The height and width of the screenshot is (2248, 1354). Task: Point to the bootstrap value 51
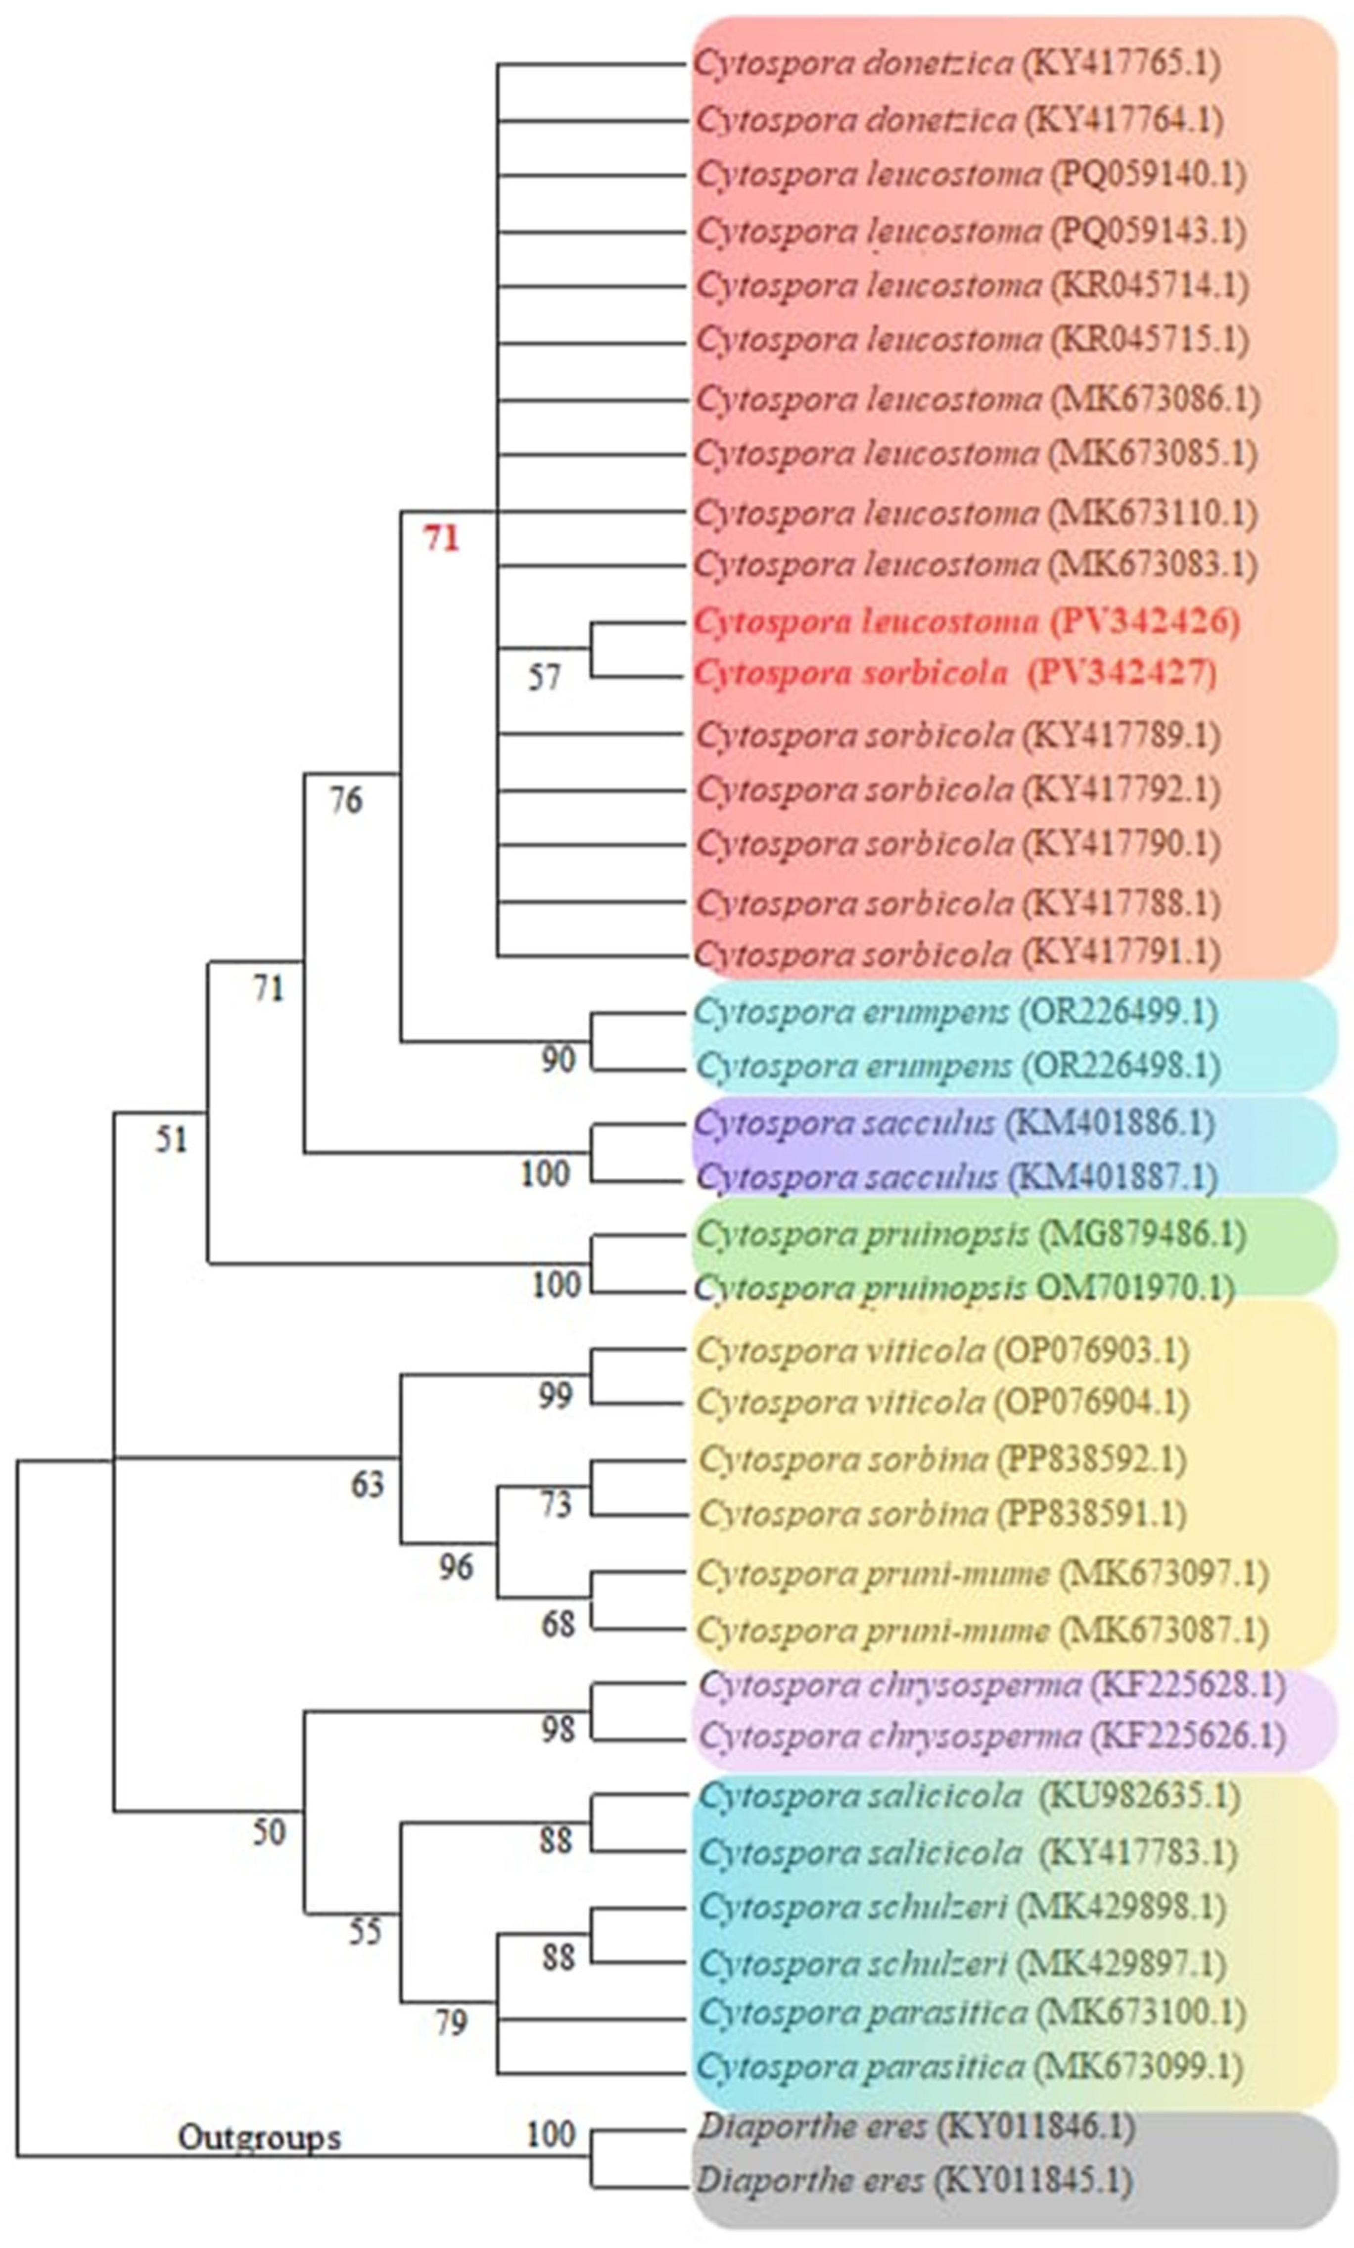tap(171, 1139)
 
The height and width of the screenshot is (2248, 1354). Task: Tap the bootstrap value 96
tap(455, 1567)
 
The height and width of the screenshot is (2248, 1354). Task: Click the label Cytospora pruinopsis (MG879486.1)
tap(970, 1234)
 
